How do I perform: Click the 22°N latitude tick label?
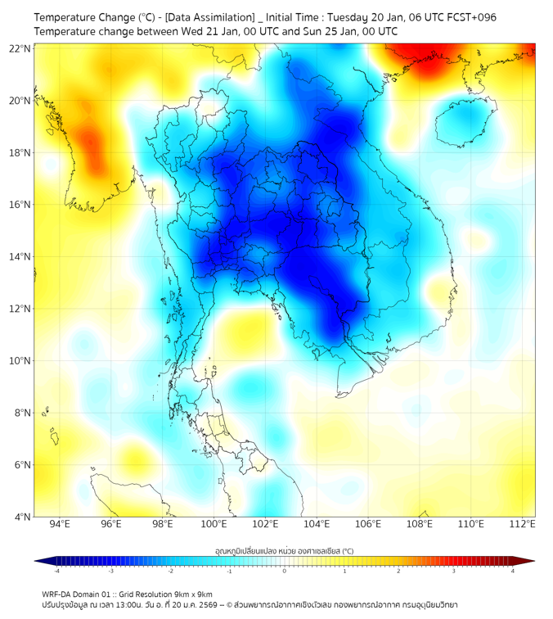[x=20, y=48]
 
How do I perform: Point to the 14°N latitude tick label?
[x=20, y=257]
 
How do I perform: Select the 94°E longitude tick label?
[x=60, y=525]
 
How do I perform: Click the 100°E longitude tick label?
[x=214, y=525]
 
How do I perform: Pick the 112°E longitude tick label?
[x=522, y=525]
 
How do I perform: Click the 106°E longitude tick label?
[x=368, y=525]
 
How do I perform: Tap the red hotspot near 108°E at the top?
[x=425, y=61]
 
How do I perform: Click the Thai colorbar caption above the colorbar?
[x=284, y=550]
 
